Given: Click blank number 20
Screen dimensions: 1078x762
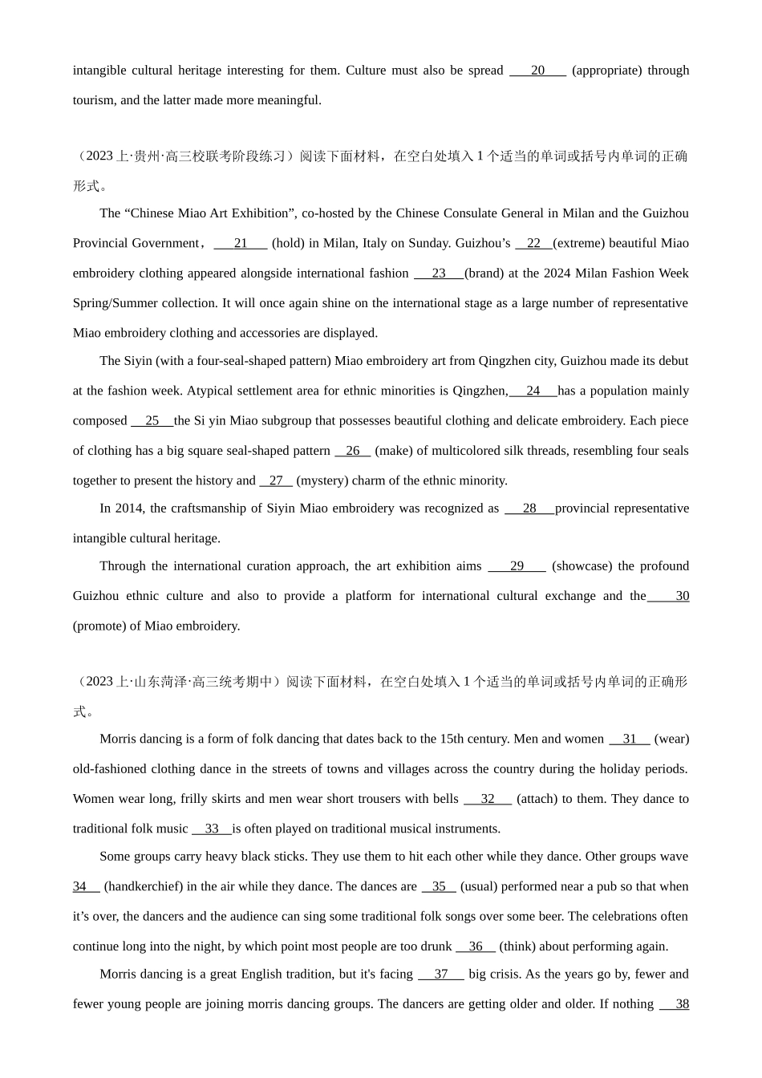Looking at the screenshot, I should pos(537,71).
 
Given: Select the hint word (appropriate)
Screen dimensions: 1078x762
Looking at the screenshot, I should pos(606,71).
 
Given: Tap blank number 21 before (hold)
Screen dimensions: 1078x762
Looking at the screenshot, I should pos(241,243).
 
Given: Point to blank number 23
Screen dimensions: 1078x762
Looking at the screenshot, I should pos(439,274).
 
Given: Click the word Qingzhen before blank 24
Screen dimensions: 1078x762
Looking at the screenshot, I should pos(480,391).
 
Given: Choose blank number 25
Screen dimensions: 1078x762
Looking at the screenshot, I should pos(152,421).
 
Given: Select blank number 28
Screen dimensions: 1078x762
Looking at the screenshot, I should pos(529,509).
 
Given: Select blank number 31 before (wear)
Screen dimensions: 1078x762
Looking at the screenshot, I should pos(630,739).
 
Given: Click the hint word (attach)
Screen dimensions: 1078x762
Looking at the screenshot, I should pos(545,799).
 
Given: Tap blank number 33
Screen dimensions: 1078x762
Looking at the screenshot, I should pos(212,829).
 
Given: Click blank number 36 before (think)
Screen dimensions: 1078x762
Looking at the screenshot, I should pos(476,946).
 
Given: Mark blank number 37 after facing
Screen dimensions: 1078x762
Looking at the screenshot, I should pos(441,975).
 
